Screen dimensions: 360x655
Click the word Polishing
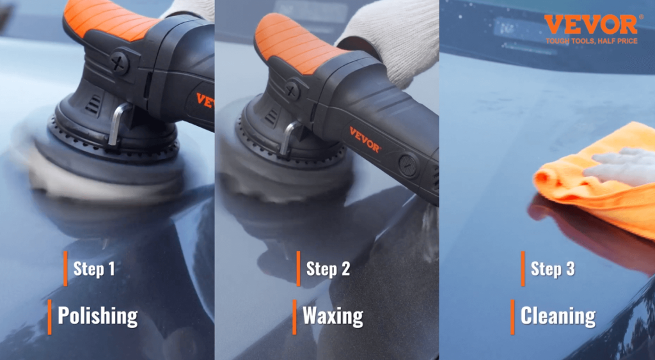coord(97,316)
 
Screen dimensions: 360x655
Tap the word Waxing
coord(333,316)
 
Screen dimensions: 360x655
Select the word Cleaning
coord(558,316)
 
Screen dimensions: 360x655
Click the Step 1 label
coord(94,269)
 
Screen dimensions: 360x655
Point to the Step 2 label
coord(327,269)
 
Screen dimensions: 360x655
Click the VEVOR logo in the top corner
coord(590,25)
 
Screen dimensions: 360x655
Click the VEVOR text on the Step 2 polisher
coord(365,139)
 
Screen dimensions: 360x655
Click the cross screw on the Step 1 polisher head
coord(119,63)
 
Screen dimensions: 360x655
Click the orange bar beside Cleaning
coord(512,317)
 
